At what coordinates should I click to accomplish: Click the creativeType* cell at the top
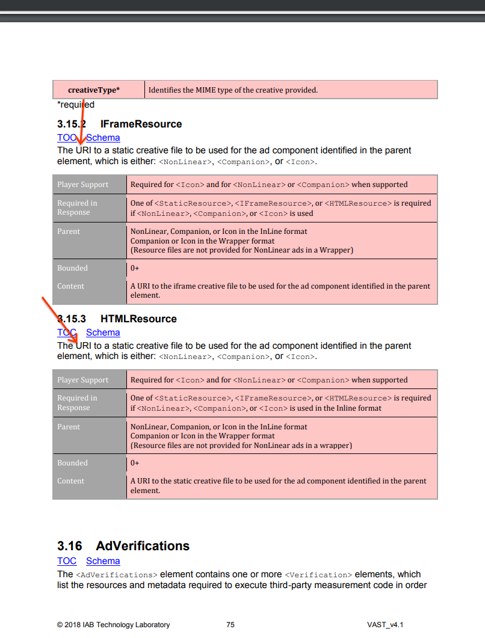click(94, 90)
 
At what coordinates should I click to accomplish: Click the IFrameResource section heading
click(141, 124)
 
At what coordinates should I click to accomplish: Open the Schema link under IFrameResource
click(103, 138)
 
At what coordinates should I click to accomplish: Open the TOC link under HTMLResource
click(67, 333)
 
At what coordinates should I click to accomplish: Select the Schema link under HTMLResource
click(103, 333)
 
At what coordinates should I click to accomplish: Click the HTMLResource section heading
click(138, 319)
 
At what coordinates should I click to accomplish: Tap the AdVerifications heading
click(143, 546)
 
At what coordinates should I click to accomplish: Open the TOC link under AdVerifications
click(67, 561)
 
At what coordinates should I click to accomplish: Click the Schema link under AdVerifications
click(103, 561)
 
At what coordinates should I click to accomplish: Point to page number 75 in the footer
click(230, 625)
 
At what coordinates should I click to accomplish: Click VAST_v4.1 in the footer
click(385, 625)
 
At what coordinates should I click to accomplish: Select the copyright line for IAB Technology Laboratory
click(114, 625)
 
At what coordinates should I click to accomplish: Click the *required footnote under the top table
click(76, 105)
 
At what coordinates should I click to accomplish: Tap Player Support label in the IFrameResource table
click(83, 185)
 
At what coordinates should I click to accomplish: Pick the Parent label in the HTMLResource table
click(69, 427)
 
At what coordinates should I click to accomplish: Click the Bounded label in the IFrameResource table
click(73, 268)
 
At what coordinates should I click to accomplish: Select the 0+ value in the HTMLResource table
click(135, 463)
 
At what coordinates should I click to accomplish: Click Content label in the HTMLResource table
click(71, 481)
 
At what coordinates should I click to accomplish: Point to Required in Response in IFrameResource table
click(77, 207)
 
